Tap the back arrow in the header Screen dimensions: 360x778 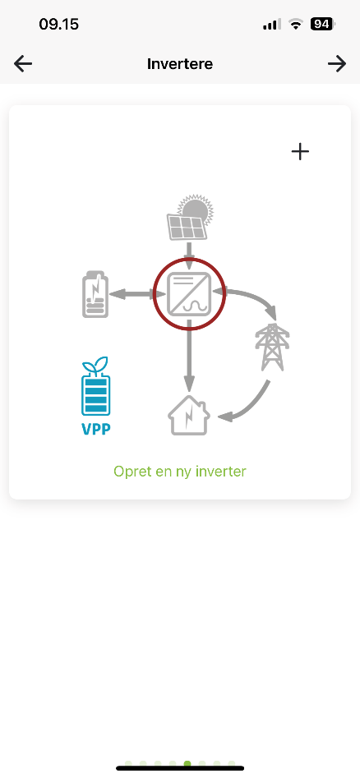point(23,63)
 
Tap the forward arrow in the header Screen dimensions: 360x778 point(337,63)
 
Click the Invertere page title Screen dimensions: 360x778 point(180,64)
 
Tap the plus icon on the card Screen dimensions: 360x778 point(300,151)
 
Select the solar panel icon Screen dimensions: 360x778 point(187,227)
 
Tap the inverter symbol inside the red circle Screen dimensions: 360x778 point(189,294)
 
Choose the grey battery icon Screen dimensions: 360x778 point(95,294)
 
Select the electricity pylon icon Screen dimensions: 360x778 point(271,347)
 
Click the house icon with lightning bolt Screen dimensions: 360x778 point(189,416)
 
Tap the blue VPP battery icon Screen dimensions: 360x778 point(95,386)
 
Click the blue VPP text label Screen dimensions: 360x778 point(95,429)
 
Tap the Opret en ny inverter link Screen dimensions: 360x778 point(180,471)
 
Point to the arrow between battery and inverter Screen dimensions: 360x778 point(137,294)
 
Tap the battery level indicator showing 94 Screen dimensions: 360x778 point(322,24)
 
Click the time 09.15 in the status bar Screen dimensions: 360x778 point(58,25)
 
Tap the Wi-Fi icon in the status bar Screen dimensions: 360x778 point(296,24)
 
